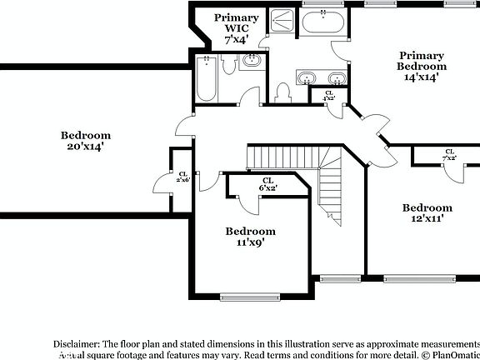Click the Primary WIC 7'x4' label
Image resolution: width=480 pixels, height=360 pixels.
(236, 28)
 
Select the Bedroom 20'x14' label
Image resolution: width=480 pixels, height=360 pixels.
(86, 140)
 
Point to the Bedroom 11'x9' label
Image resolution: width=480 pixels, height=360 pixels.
(251, 237)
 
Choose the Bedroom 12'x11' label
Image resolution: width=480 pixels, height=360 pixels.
(427, 213)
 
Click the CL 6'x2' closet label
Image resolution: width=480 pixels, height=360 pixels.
(267, 184)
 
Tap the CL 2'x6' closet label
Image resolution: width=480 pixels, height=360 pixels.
(183, 177)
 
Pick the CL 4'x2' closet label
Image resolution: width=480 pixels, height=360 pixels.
(328, 95)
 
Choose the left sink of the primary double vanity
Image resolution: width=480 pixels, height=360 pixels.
(307, 79)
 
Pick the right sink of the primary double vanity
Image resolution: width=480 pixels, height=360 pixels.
(336, 79)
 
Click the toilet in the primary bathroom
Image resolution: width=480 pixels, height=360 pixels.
(282, 92)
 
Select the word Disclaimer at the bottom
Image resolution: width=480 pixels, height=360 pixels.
(76, 342)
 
